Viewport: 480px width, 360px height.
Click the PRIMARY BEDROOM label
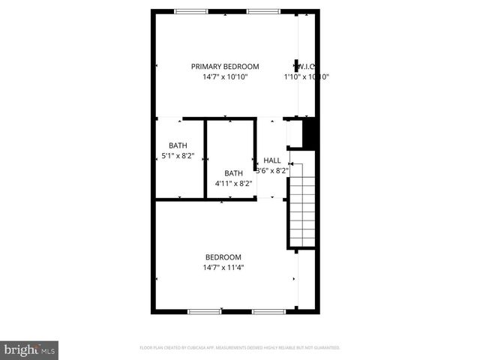pos(225,66)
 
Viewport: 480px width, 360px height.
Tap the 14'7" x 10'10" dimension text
pos(225,76)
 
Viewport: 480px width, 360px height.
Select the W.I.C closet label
pos(305,66)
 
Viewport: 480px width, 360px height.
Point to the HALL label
pos(272,160)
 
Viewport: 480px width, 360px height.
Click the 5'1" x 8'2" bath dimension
pos(178,156)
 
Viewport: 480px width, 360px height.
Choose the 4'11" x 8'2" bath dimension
pos(232,184)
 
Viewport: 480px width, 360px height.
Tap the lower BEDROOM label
pos(223,257)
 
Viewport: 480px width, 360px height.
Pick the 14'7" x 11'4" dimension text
pos(223,268)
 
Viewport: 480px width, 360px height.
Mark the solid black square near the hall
pos(310,135)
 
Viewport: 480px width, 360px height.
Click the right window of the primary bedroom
pos(259,10)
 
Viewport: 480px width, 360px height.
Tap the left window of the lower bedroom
pos(204,311)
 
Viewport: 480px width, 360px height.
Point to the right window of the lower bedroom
pos(268,311)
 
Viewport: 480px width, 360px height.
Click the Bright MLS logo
pos(30,349)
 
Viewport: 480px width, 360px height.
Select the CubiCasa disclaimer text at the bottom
pos(240,348)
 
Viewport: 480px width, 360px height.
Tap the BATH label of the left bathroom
pos(178,145)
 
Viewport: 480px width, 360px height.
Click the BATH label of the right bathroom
pos(233,173)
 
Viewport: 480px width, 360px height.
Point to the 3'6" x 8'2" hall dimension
pos(272,170)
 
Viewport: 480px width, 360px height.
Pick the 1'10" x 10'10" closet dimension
pos(307,76)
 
